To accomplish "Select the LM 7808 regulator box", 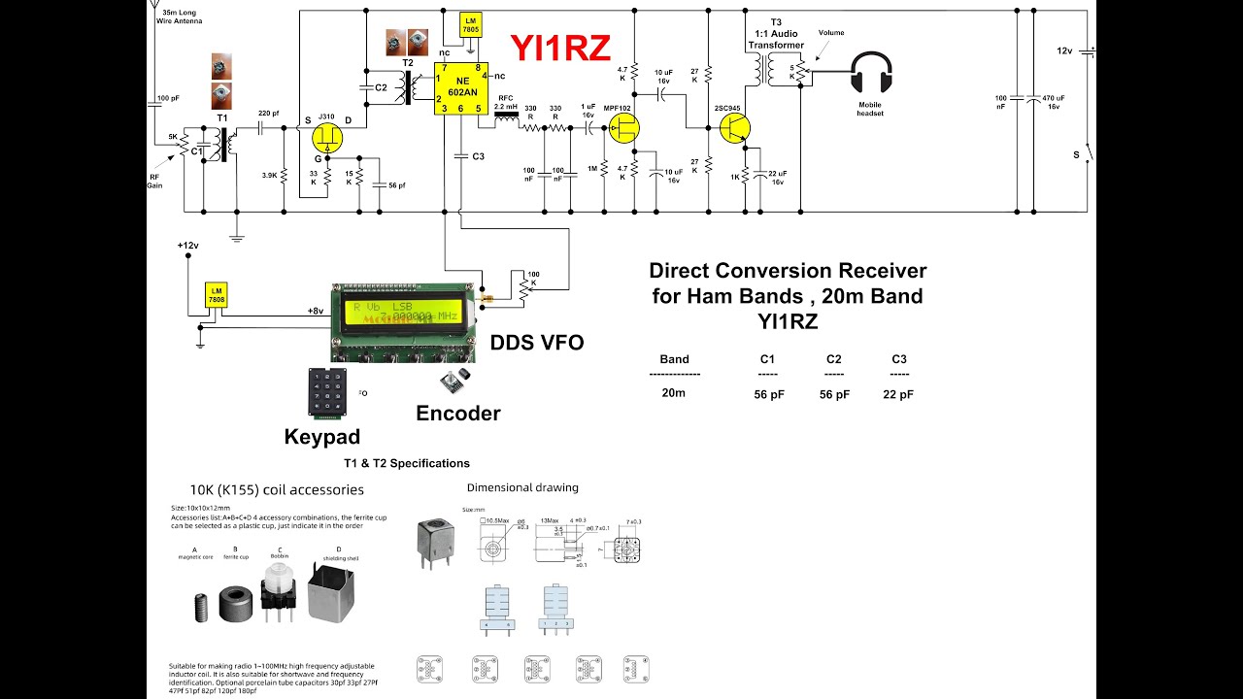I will tap(216, 294).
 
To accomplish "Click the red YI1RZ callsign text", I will tap(560, 47).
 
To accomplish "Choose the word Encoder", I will tap(457, 414).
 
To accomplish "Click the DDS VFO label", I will tap(537, 343).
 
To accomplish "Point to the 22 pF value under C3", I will tap(898, 394).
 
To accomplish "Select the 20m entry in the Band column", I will tap(673, 393).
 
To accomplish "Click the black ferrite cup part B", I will tap(236, 602).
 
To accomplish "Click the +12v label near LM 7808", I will tap(187, 246).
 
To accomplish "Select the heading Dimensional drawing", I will tap(521, 487).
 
